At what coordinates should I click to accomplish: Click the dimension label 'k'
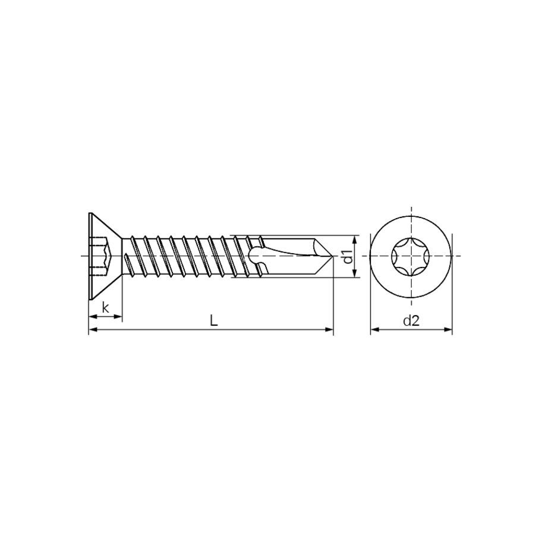(105, 307)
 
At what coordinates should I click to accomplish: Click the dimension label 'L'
(214, 320)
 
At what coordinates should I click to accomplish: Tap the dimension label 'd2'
(411, 321)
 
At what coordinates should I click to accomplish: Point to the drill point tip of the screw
(332, 256)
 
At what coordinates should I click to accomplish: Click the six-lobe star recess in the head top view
(411, 256)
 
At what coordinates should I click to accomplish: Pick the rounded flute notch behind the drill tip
(256, 256)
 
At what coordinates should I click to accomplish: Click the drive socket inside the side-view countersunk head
(103, 256)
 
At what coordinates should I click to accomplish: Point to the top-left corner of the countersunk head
(89, 213)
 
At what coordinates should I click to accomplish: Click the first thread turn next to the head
(132, 256)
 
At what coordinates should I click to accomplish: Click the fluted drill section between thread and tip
(291, 256)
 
